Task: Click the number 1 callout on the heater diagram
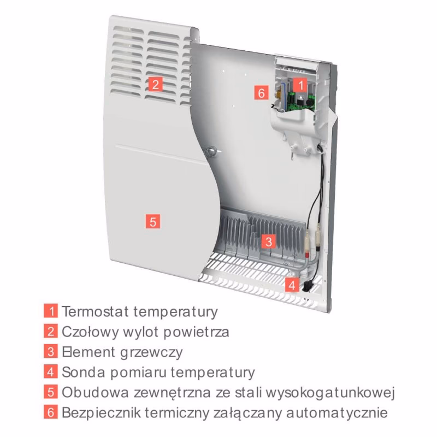(x=300, y=85)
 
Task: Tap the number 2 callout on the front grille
(x=156, y=84)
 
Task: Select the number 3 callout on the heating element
(x=269, y=241)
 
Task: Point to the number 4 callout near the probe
(x=292, y=285)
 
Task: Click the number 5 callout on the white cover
(x=153, y=221)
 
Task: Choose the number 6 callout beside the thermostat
(x=261, y=93)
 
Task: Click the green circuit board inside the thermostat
(x=301, y=102)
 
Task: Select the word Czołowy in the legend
(x=90, y=332)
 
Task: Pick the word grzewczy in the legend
(x=151, y=352)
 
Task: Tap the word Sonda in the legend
(x=83, y=372)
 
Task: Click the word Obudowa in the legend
(x=95, y=392)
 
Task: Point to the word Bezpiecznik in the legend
(x=101, y=413)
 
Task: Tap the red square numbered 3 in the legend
(x=51, y=351)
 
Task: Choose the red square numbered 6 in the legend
(x=51, y=412)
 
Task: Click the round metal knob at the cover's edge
(x=211, y=151)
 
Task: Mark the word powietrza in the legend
(x=196, y=332)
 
